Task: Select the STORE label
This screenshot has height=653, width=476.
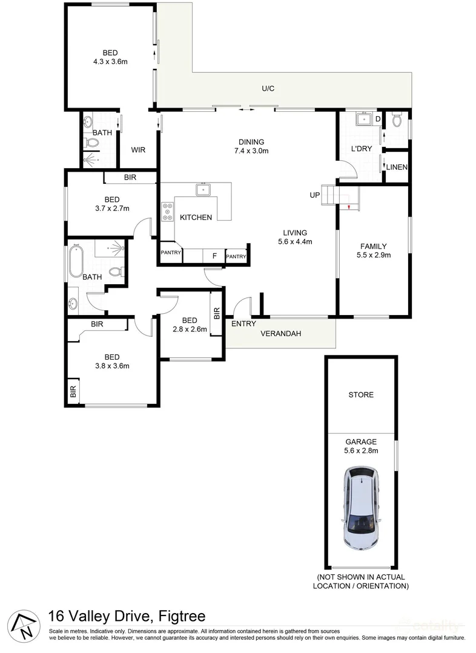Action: (x=361, y=395)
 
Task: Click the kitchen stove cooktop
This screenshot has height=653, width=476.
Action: (x=167, y=212)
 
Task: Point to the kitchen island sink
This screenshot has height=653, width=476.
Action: (x=203, y=190)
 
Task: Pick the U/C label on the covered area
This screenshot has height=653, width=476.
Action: (x=268, y=89)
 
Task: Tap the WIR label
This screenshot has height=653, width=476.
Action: (x=138, y=151)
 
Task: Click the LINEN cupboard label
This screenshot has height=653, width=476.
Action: (x=397, y=167)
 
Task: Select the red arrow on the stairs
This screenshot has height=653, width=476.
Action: (x=349, y=207)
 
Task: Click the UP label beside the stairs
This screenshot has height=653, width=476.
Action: (x=314, y=195)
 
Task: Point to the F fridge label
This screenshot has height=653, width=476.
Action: (x=214, y=256)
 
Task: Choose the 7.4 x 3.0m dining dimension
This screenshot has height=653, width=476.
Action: (x=251, y=151)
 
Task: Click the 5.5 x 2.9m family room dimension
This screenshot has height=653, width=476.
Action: (x=374, y=255)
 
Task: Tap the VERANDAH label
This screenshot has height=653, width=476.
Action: (x=280, y=334)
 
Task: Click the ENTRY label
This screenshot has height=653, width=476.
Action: (x=243, y=323)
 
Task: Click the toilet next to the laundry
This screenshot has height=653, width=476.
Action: (x=397, y=120)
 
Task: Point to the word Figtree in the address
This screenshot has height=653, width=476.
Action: (x=180, y=617)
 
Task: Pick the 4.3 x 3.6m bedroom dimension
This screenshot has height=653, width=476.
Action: (x=110, y=62)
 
